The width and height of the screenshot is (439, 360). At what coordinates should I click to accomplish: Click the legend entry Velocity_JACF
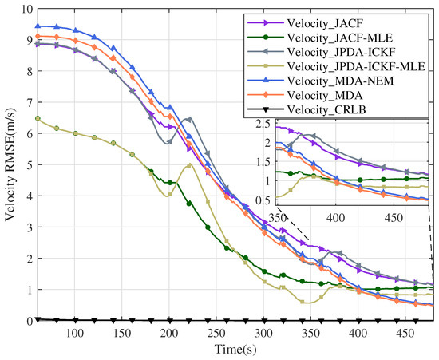coord(325,23)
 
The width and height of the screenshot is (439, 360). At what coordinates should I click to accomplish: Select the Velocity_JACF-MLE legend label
coord(340,38)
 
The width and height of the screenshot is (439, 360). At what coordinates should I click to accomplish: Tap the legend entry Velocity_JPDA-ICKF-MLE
coord(356,66)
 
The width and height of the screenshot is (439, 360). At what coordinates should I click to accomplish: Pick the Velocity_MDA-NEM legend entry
coord(340,81)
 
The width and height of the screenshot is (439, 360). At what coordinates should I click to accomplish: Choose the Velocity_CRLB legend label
coord(326,110)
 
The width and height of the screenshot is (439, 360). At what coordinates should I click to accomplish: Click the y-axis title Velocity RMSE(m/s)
coord(10,165)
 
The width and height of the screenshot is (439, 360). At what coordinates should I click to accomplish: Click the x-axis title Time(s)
coord(235,350)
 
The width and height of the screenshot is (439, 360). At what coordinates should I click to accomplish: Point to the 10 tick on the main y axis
coord(27,9)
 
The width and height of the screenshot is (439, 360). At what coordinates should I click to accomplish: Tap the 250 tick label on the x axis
coord(216,334)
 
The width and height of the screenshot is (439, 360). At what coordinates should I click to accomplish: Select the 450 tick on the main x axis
coord(405,334)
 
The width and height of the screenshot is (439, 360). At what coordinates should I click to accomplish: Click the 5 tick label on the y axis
coord(30,164)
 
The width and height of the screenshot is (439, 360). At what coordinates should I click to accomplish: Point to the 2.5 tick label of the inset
coord(263,124)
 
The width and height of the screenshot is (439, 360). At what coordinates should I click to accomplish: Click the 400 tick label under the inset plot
coord(336,217)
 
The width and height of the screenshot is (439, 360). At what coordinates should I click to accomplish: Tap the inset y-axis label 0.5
coord(263,201)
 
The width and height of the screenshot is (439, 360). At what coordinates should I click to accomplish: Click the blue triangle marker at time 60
coord(38,26)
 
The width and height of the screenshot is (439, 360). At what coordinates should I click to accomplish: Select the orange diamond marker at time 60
coord(38,36)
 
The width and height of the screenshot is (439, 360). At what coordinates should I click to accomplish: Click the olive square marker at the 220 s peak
coord(188,166)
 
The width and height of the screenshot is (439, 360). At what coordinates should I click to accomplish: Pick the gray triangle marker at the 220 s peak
coord(188,120)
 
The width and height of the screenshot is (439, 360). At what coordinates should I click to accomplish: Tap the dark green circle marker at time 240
coord(208,227)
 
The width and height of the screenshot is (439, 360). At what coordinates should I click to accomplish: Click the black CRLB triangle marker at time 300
coord(264,321)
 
